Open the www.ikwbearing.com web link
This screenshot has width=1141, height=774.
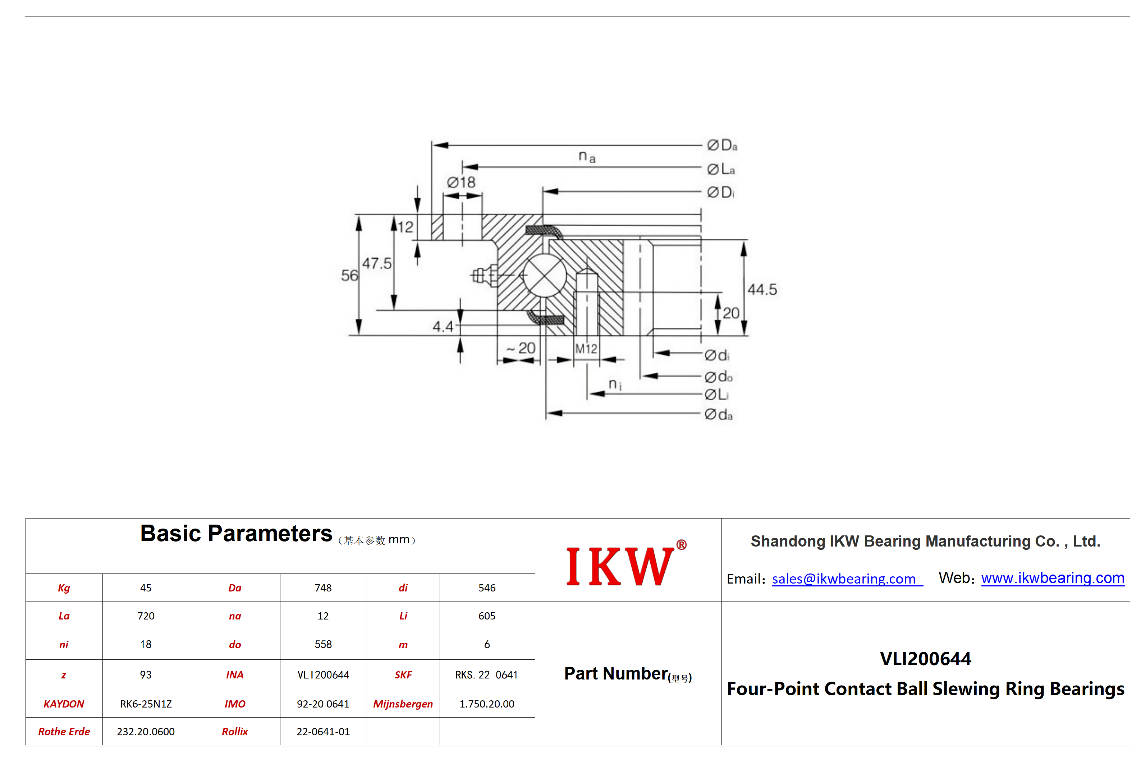(1052, 578)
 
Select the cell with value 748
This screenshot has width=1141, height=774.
(323, 588)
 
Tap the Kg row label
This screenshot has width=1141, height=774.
(64, 588)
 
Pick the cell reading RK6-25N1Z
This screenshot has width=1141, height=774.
(146, 704)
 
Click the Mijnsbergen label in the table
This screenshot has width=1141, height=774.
(403, 704)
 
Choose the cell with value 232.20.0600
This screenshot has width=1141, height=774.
(146, 731)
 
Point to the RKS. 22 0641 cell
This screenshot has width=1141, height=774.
(486, 675)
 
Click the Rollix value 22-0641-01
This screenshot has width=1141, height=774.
(323, 731)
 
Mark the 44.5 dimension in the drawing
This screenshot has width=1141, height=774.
(762, 290)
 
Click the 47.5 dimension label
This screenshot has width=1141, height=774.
(377, 263)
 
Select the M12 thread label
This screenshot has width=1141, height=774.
(586, 349)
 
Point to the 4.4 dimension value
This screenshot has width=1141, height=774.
(443, 326)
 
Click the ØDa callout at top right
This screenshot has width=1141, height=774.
(722, 145)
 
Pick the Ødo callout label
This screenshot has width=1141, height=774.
(718, 377)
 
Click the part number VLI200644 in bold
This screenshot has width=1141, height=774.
(925, 659)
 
